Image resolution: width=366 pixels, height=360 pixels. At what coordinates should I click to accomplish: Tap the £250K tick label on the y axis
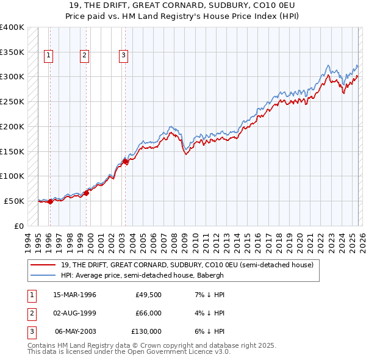coord(12,101)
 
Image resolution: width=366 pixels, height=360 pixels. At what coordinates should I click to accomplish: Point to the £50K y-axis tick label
coord(15,201)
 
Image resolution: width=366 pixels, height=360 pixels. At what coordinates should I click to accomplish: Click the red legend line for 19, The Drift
coord(43,265)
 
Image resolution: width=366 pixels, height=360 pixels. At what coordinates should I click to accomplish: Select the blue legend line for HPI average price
coord(43,275)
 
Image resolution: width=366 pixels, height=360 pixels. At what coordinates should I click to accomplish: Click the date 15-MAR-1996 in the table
coord(74,295)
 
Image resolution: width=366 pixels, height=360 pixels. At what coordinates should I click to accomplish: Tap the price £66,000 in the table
coord(148,313)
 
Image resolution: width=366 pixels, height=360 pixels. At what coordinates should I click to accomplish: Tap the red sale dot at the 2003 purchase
coord(125,162)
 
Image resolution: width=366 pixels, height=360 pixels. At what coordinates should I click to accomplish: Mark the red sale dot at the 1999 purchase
coord(86,193)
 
